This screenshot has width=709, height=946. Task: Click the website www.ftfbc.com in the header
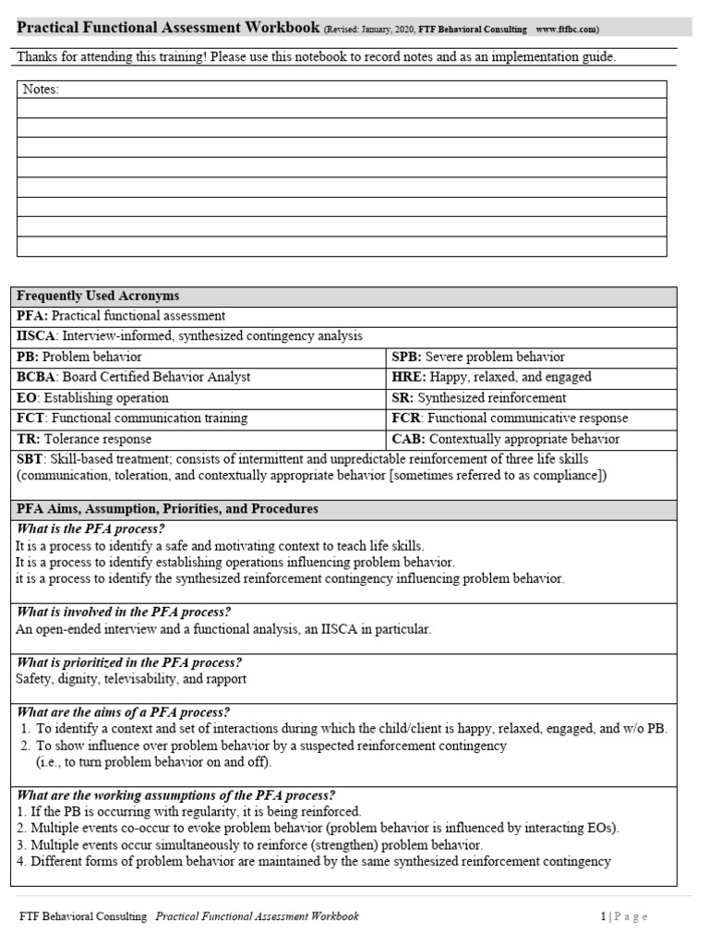tap(567, 30)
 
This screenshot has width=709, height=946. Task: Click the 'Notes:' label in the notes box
tap(40, 89)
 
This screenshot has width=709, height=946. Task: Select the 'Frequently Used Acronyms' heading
tap(98, 297)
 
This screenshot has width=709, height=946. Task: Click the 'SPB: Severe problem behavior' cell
tap(478, 357)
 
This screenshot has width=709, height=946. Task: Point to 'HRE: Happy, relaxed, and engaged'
tap(491, 377)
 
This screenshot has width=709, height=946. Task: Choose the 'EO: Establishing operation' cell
tap(92, 398)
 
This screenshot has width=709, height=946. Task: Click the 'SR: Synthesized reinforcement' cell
tap(479, 398)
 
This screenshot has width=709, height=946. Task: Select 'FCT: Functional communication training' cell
tap(132, 418)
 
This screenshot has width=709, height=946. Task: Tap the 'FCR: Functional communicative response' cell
tap(510, 418)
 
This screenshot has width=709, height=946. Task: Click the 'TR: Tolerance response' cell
tap(84, 439)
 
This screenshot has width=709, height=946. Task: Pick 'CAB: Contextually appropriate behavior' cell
tap(506, 439)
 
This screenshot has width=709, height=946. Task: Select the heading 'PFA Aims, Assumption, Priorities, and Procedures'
tap(167, 509)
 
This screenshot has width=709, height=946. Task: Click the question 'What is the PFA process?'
tap(90, 528)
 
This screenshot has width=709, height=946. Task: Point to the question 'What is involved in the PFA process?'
tap(124, 612)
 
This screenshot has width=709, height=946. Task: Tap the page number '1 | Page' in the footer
tap(624, 916)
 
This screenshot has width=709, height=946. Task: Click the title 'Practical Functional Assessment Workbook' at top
tap(168, 28)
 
